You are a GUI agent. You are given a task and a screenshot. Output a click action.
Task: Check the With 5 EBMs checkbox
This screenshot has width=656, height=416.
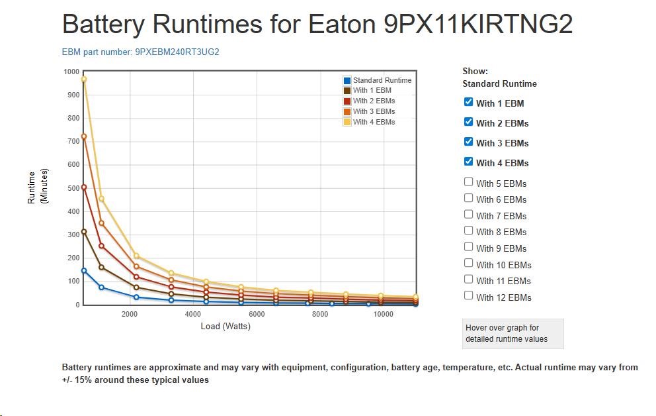(468, 182)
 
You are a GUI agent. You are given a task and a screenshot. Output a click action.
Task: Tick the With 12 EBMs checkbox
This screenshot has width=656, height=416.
(468, 296)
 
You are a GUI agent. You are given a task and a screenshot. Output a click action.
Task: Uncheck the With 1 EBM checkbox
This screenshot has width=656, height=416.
(468, 102)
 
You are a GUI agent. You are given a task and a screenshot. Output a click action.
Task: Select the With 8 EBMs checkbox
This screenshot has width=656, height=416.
(468, 231)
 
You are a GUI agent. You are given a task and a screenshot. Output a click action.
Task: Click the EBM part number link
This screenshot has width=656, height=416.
(140, 52)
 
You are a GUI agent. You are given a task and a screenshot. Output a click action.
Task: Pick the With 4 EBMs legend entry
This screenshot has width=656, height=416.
(374, 122)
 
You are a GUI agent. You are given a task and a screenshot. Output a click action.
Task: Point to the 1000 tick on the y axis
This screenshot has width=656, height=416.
(71, 72)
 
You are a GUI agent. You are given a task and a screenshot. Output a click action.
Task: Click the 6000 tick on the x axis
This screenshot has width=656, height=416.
(257, 315)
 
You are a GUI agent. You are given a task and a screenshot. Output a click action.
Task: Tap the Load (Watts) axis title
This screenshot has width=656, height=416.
(225, 326)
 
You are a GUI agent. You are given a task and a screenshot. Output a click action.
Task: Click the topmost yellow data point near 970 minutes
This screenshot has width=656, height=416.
(84, 79)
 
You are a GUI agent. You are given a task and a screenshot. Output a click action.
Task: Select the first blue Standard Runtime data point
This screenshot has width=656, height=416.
(84, 270)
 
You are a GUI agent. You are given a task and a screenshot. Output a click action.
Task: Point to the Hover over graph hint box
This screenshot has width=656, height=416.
(512, 333)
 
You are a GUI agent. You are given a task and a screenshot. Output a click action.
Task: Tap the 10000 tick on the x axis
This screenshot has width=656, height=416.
(384, 315)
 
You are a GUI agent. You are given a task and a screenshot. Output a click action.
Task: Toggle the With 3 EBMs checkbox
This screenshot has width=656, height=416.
(468, 142)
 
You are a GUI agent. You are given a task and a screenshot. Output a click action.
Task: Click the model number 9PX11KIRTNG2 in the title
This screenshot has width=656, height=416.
(478, 25)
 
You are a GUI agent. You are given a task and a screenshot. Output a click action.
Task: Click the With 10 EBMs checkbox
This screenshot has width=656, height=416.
(468, 264)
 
